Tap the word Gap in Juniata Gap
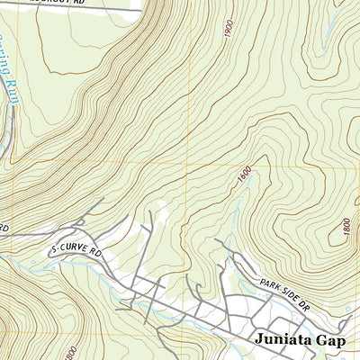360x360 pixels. tap(329, 339)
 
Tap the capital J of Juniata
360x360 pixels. tap(259, 339)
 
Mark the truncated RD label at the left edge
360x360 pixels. tap(4, 229)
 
